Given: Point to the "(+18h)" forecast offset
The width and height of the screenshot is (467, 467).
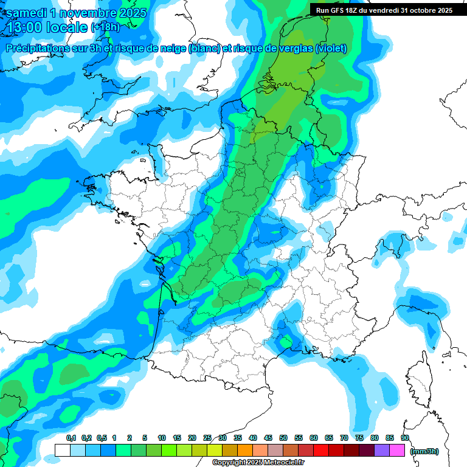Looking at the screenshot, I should (105, 28).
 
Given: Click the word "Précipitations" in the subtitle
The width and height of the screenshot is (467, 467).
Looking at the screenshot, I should (38, 49).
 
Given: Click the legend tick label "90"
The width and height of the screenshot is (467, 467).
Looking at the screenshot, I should (405, 438).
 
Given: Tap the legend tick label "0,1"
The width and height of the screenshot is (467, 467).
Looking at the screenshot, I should (71, 438).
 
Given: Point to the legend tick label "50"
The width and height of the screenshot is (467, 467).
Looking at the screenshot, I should (283, 438).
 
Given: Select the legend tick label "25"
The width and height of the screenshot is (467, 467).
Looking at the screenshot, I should (207, 438).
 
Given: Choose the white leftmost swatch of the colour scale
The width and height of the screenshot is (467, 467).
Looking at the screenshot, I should (62, 451).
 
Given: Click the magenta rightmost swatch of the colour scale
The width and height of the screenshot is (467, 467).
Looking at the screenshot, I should (397, 451).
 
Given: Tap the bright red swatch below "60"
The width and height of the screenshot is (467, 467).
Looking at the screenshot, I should (321, 451).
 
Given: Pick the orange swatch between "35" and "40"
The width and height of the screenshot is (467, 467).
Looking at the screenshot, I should (245, 451).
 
